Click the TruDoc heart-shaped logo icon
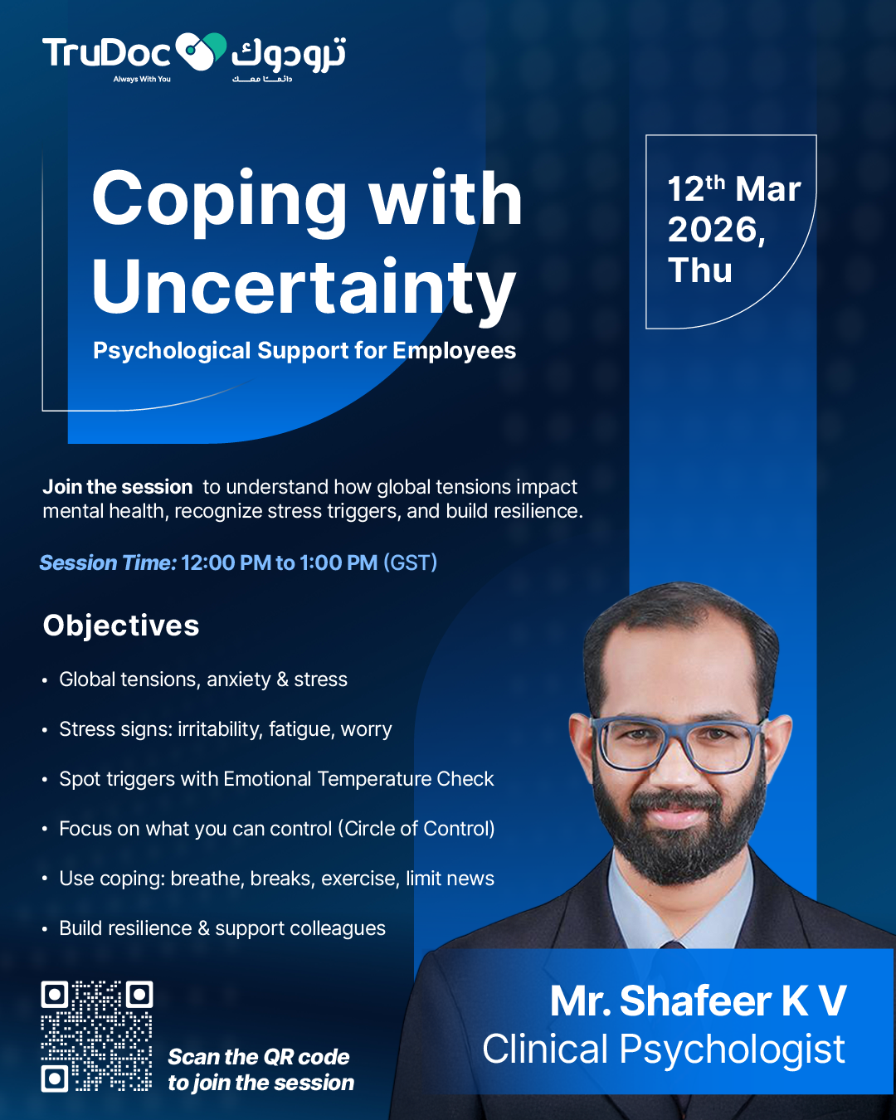[x=201, y=51]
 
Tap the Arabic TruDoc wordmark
[x=289, y=54]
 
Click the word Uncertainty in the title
[x=304, y=287]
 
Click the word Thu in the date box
[x=700, y=270]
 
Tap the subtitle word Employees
[x=455, y=351]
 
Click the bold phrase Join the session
[x=118, y=487]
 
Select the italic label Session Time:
[x=109, y=563]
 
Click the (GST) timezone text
[x=411, y=563]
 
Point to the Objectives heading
[x=121, y=626]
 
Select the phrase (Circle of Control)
[x=416, y=829]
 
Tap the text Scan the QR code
[x=259, y=1057]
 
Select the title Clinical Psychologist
[x=664, y=1049]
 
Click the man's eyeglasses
[x=679, y=743]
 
